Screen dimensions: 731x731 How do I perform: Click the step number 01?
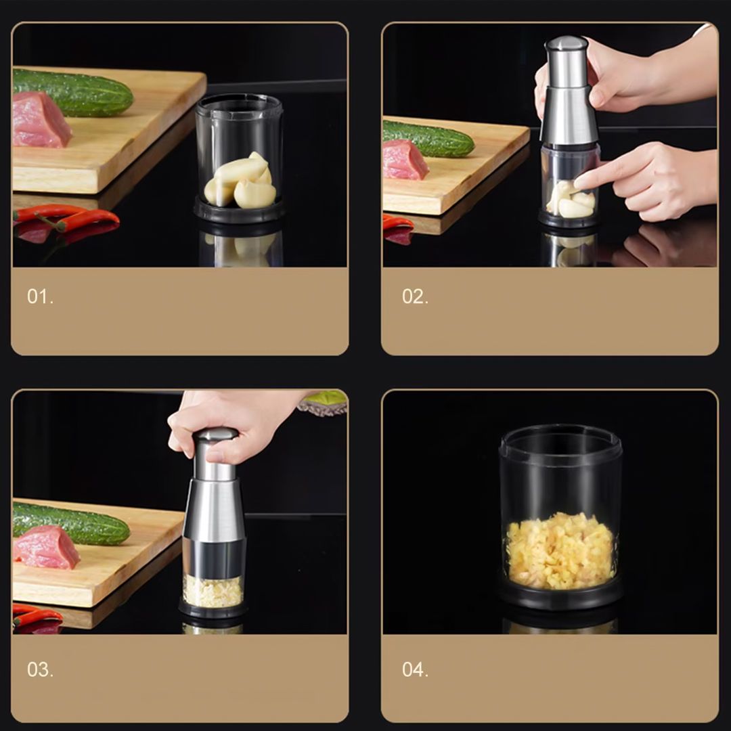(x=40, y=296)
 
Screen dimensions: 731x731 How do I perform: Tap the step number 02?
(x=415, y=296)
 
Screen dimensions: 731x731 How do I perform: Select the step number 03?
(x=40, y=669)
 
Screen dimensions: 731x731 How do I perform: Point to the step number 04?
(x=415, y=669)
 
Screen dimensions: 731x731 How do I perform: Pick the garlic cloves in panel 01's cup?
(x=240, y=181)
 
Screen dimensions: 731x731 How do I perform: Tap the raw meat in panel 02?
(x=405, y=160)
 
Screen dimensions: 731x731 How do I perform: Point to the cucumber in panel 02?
(x=428, y=139)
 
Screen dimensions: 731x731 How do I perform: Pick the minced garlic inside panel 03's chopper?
(x=213, y=592)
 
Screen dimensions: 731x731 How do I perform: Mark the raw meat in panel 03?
(x=46, y=548)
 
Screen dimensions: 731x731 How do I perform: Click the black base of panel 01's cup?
(x=239, y=211)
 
